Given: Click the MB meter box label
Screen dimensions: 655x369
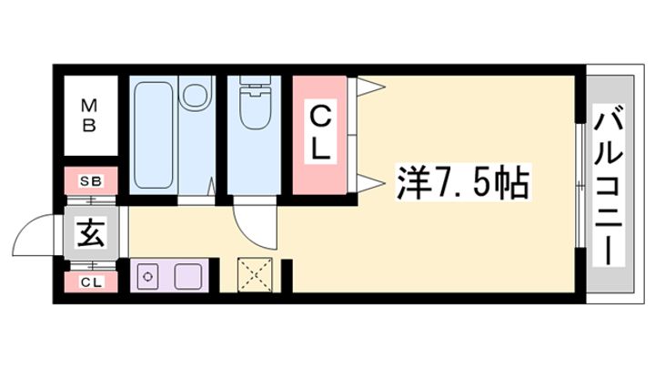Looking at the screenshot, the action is click(x=89, y=115).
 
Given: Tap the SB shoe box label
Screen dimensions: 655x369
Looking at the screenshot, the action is click(x=91, y=181).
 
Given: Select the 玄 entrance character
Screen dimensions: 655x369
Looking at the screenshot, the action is click(x=91, y=232).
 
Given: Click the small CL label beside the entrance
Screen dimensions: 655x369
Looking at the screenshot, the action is click(x=91, y=282).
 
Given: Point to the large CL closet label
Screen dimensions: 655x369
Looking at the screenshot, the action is click(x=321, y=133).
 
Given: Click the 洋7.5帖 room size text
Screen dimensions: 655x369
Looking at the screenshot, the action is click(x=462, y=183).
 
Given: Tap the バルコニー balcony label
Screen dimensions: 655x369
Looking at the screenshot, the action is click(x=609, y=185).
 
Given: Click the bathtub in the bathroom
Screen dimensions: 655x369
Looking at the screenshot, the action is click(x=154, y=135).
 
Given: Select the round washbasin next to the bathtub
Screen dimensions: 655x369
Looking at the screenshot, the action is click(x=196, y=94).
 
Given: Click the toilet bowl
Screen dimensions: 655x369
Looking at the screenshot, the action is click(x=254, y=109).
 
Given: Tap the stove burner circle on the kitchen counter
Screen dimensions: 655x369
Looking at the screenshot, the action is click(x=147, y=277).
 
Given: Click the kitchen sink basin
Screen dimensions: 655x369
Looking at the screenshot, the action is click(x=188, y=277).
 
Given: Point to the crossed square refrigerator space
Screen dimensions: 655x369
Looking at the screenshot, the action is click(x=255, y=275).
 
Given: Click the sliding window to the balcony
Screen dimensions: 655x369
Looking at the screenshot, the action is click(x=579, y=185).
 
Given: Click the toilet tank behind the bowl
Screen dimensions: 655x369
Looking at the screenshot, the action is click(x=254, y=82).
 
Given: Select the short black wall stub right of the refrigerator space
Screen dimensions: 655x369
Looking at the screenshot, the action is click(x=287, y=276).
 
